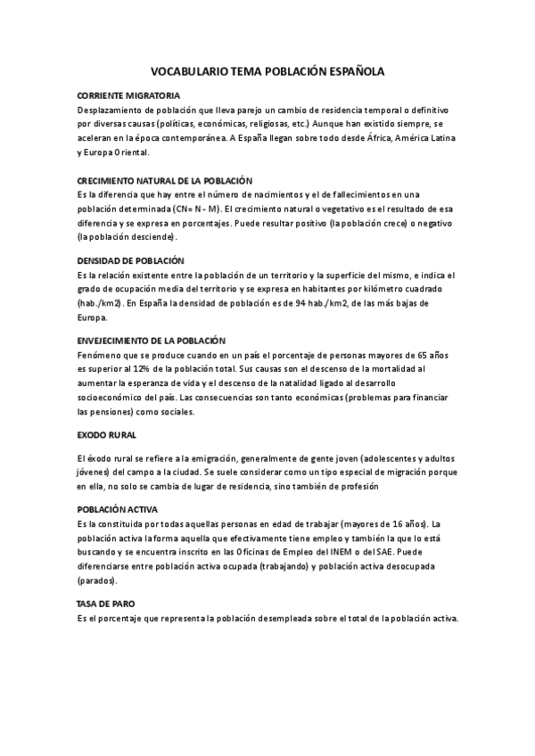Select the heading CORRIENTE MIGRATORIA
click(128, 95)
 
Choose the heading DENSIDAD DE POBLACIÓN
click(131, 260)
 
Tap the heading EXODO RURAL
click(107, 435)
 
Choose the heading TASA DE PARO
click(106, 603)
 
